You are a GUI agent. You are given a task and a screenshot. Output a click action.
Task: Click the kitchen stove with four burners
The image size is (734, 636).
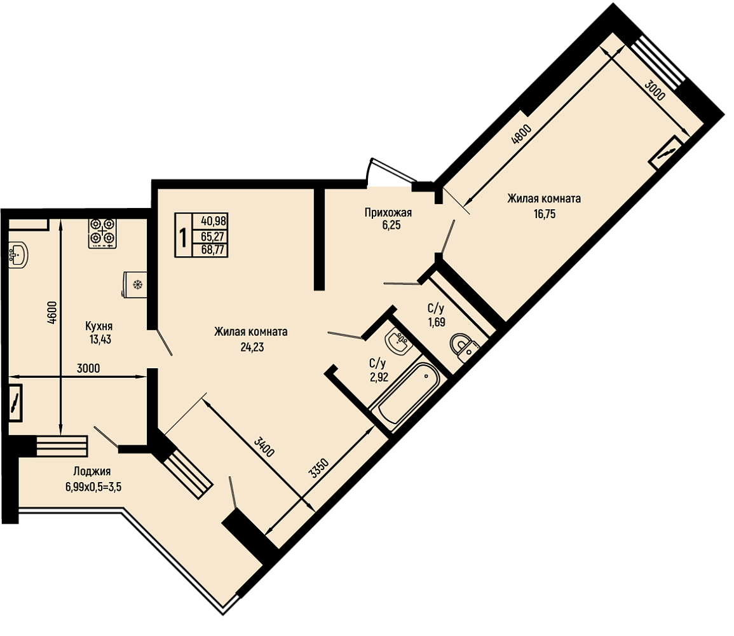point(102,233)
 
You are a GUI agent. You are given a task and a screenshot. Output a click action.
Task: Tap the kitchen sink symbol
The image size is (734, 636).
point(18,254)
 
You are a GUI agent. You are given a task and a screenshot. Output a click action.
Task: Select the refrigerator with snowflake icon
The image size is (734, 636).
point(134,284)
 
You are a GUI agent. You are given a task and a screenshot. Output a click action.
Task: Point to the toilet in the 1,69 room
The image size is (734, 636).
point(464,347)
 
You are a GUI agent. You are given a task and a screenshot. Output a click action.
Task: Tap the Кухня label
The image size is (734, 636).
point(99,326)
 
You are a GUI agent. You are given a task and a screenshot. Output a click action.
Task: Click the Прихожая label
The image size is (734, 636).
point(388,213)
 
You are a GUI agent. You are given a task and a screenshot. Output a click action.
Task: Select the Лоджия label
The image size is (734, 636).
point(92,472)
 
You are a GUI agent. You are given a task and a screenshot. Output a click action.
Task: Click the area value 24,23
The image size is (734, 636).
point(252,347)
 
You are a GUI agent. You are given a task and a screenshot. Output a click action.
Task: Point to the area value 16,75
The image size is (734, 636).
point(545,214)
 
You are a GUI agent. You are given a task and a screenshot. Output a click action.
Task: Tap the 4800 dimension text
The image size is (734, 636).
point(522,135)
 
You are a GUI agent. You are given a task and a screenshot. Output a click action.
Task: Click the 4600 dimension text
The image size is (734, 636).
point(52,312)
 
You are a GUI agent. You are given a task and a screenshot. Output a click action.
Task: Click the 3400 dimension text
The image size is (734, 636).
point(264,447)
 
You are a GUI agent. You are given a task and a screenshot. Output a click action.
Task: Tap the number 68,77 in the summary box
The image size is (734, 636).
point(213,251)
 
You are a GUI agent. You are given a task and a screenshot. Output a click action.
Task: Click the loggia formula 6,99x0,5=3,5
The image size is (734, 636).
point(93,487)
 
